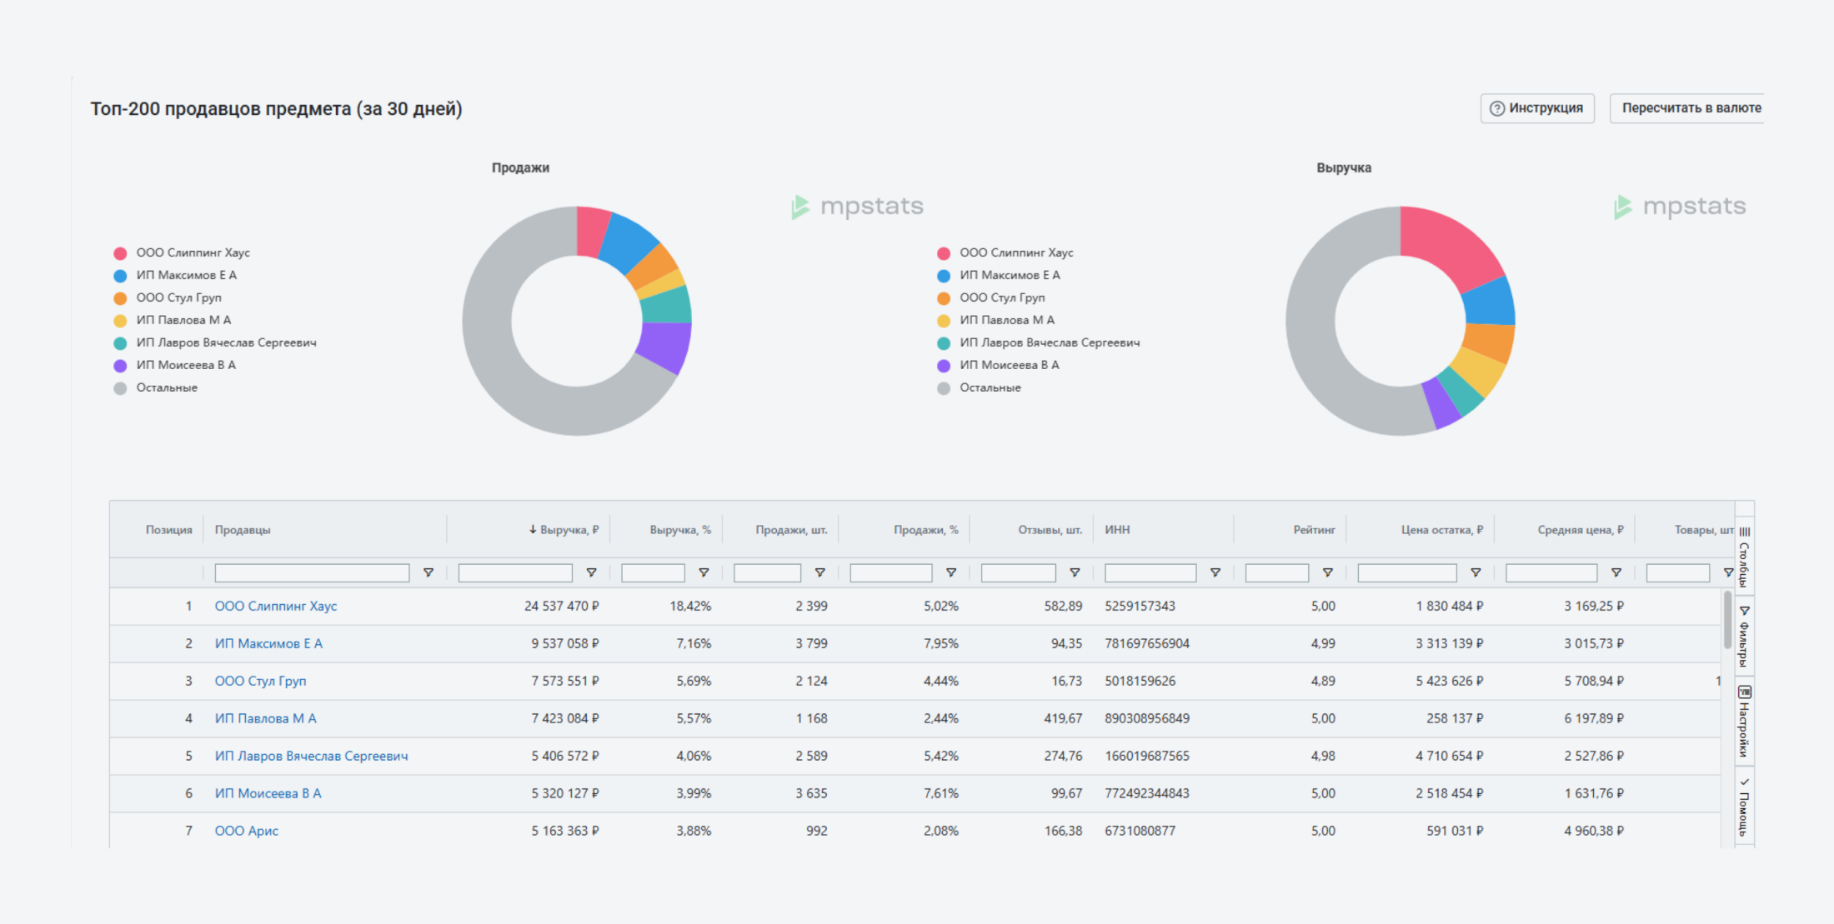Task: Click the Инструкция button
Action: click(1537, 108)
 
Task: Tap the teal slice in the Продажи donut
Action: click(667, 306)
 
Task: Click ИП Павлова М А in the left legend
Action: click(183, 320)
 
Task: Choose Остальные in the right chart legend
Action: click(990, 387)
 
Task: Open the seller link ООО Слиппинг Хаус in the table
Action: click(276, 606)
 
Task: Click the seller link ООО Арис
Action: click(247, 831)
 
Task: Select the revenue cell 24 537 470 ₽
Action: click(561, 606)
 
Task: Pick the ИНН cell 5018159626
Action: click(1140, 681)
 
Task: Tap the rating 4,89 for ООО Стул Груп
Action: click(1322, 681)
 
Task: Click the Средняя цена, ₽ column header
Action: click(1580, 530)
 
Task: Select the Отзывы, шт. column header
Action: click(1050, 530)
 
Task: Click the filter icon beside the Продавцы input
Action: click(428, 572)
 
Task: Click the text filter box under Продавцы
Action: click(312, 572)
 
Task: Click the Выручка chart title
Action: click(1343, 167)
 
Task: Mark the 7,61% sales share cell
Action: click(940, 793)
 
